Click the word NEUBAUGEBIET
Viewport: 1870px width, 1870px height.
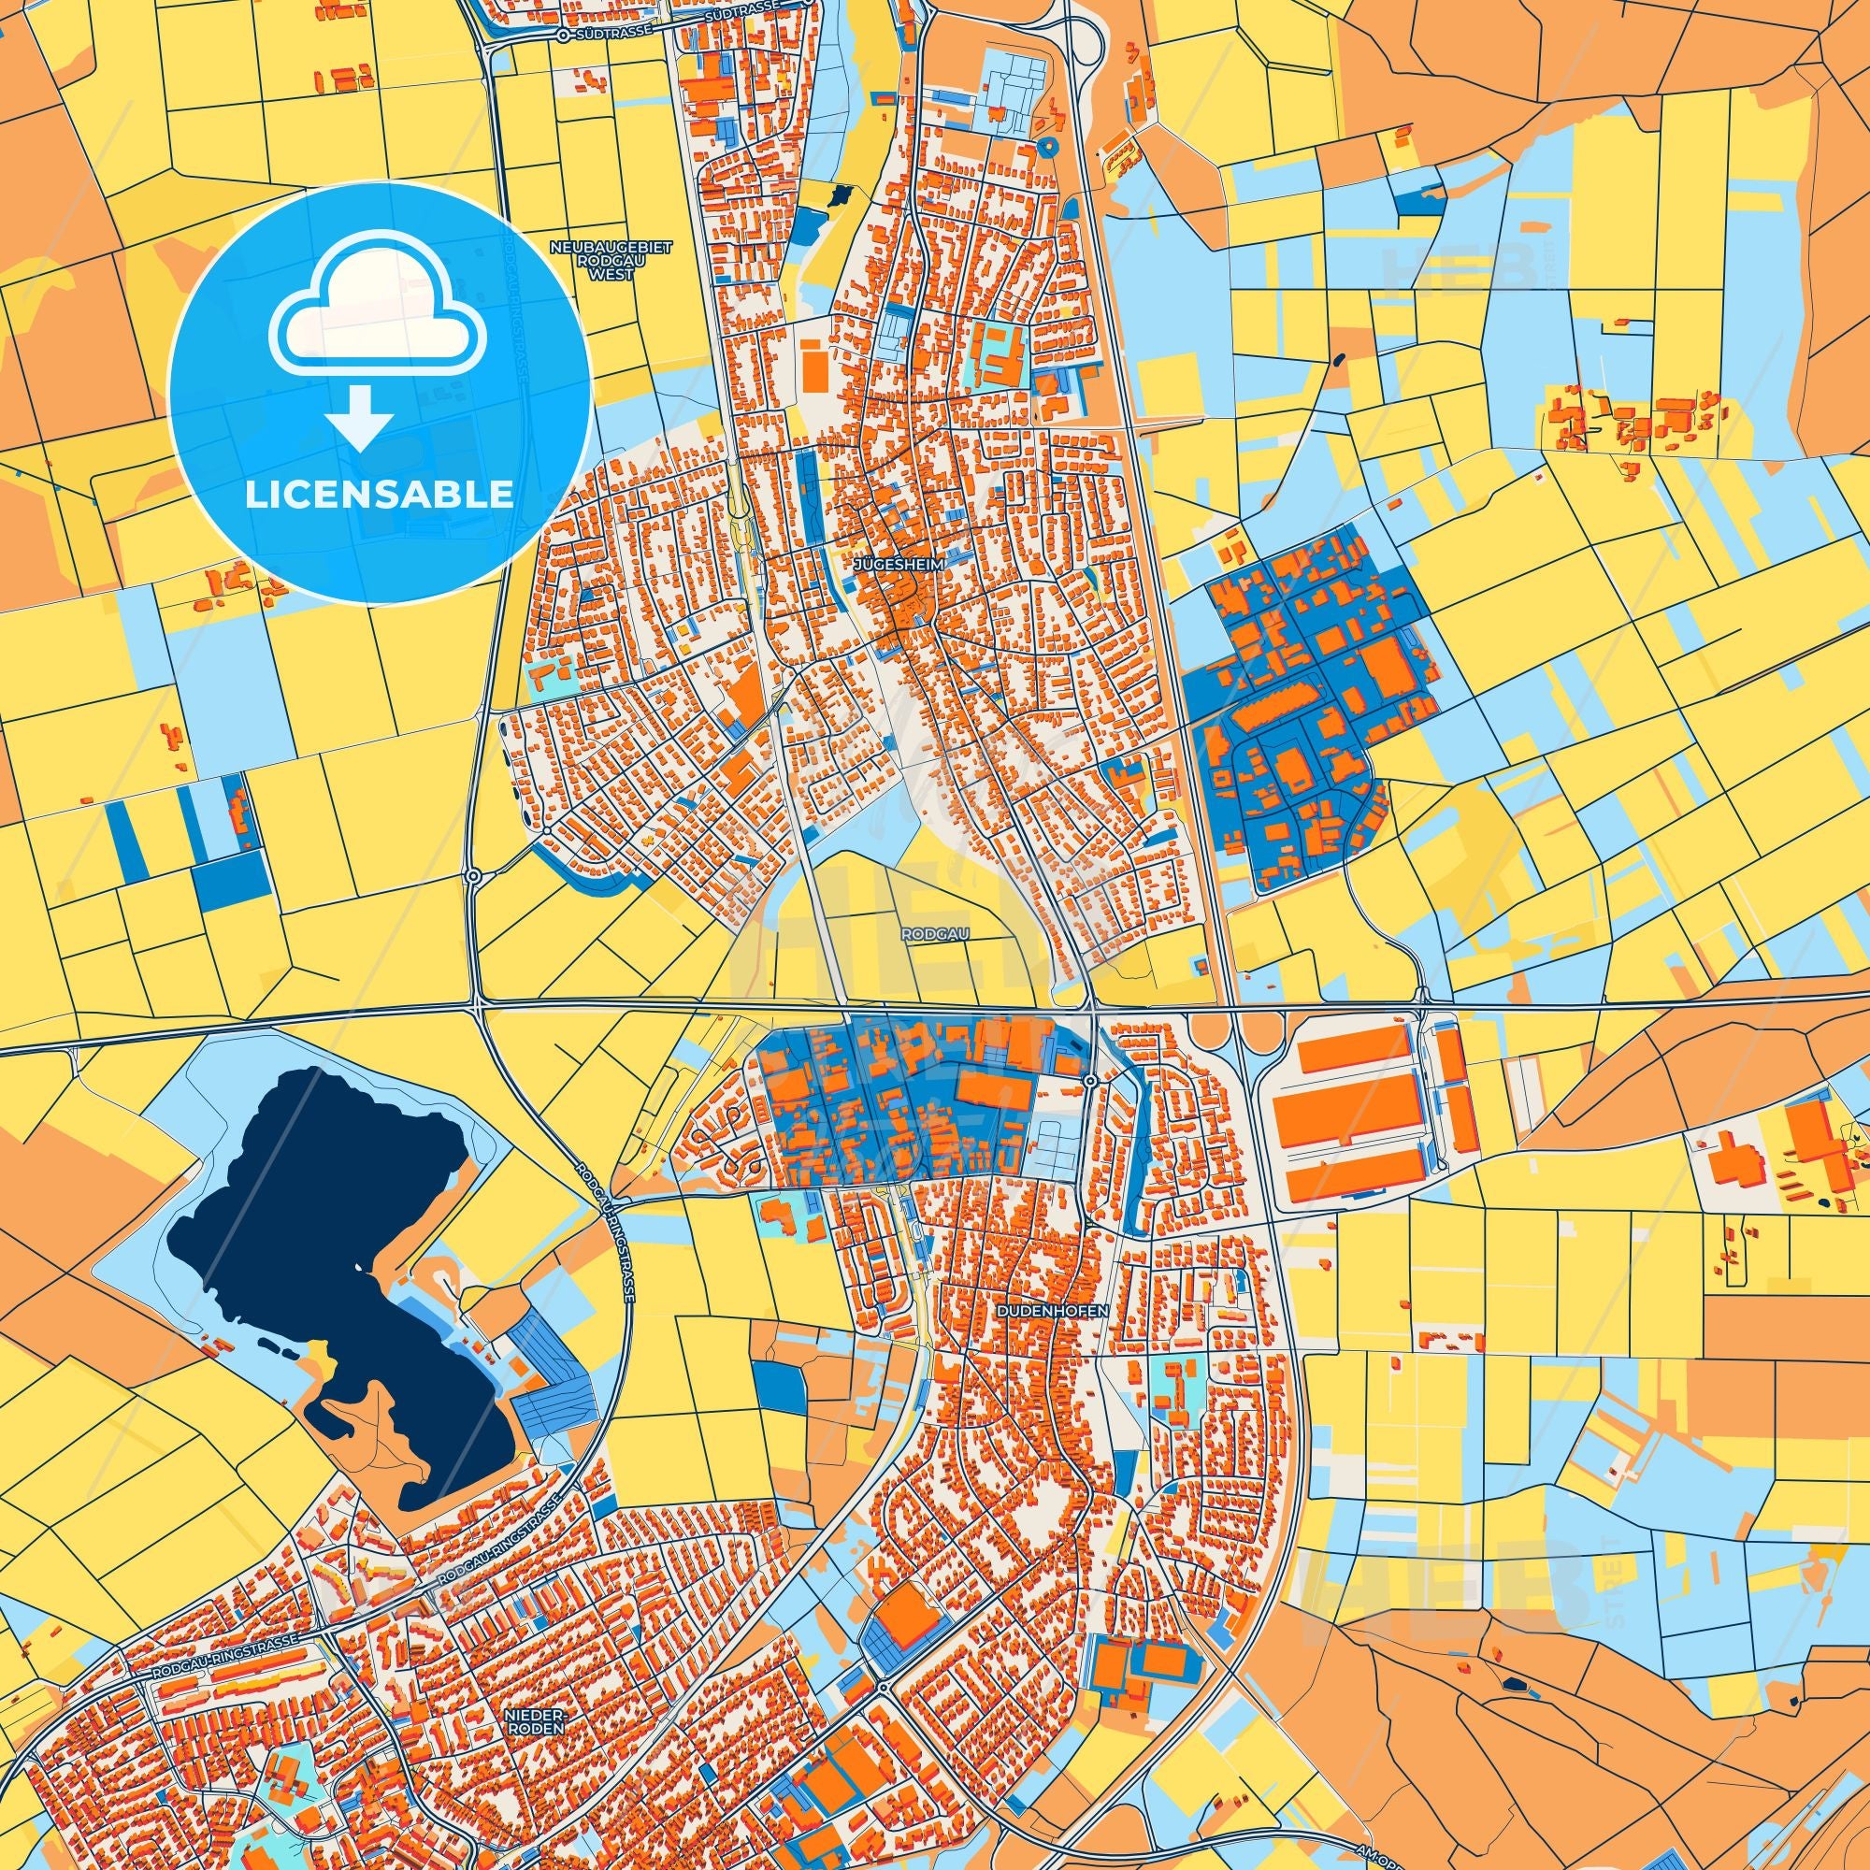tap(610, 248)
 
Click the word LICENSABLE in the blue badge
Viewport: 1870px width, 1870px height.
tap(380, 495)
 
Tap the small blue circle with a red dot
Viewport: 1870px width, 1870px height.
tap(1046, 146)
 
